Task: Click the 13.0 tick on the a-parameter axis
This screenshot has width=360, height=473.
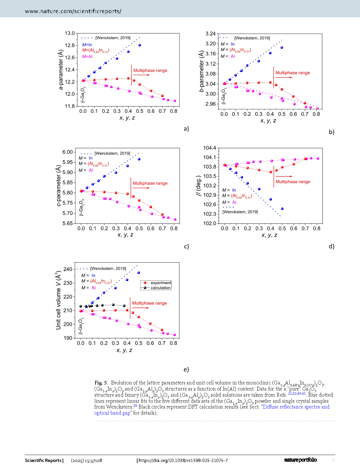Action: point(70,33)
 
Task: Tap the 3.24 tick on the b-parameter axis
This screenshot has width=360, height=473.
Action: point(211,34)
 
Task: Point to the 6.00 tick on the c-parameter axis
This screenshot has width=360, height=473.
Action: point(68,152)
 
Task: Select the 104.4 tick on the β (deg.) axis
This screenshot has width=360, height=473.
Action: point(210,148)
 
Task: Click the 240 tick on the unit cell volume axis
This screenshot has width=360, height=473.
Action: point(68,269)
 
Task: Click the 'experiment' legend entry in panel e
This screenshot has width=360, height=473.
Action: point(161,283)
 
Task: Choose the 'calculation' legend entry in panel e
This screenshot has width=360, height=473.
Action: point(160,288)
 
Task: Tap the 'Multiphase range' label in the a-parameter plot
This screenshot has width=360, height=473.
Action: point(150,71)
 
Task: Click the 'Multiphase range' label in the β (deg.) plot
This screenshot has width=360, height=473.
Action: point(293,182)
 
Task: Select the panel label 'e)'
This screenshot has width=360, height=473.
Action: point(186,369)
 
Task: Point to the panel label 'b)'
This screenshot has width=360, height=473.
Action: point(332,132)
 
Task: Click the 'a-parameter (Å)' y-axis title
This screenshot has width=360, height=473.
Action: point(61,70)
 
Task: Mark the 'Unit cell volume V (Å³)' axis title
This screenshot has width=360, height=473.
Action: point(58,300)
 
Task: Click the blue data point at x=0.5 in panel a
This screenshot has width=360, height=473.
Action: point(140,45)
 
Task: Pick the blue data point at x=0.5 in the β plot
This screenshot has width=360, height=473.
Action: point(282,209)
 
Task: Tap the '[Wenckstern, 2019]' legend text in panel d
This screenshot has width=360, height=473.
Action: point(240,212)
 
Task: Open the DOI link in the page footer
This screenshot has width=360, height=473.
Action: point(183,460)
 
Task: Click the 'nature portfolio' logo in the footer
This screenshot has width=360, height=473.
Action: point(300,460)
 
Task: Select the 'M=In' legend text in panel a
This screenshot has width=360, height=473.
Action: point(87,45)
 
